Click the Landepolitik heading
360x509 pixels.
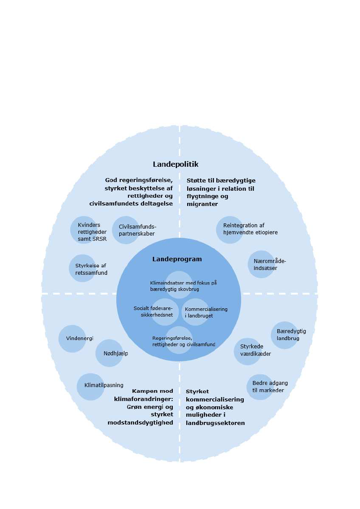tap(175, 164)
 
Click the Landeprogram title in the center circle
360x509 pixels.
tap(177, 259)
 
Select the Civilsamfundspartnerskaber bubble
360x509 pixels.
tap(126, 229)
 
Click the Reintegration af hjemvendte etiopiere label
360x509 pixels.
tap(250, 229)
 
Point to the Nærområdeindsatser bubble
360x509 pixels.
tap(262, 264)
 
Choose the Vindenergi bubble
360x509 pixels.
tap(72, 338)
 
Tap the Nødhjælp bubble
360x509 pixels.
tap(109, 353)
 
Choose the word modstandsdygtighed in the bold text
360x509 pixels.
tap(140, 422)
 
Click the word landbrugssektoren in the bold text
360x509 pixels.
tap(215, 422)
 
